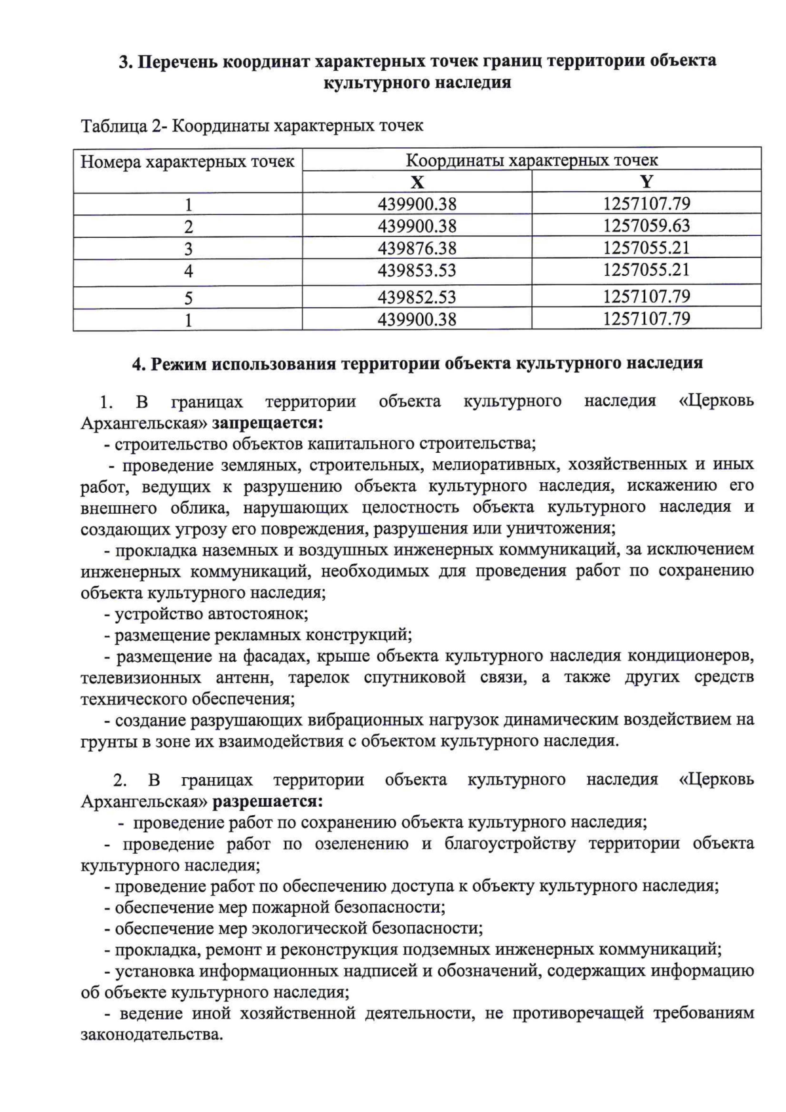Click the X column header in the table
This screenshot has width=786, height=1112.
click(x=417, y=182)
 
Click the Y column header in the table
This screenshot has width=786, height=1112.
click(x=646, y=182)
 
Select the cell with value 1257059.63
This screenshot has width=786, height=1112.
click(x=646, y=226)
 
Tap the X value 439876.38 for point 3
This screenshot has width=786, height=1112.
click(x=417, y=248)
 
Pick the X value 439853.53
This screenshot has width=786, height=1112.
click(x=417, y=270)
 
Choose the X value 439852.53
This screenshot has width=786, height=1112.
click(x=417, y=297)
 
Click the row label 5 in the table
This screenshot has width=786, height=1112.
click(x=188, y=298)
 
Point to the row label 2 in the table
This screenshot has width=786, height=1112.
click(x=188, y=227)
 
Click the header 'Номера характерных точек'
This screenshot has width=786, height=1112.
click(x=187, y=161)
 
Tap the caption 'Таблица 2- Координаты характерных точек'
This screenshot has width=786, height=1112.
click(x=252, y=125)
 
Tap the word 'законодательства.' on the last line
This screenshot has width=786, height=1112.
click(x=151, y=1036)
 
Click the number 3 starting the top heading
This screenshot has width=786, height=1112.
click(x=124, y=62)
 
